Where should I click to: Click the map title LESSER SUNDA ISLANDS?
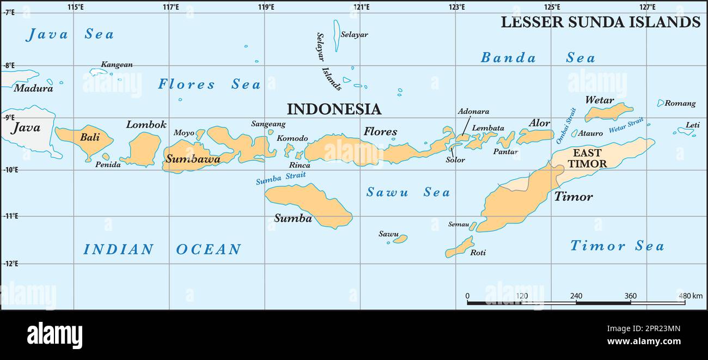[x=600, y=22]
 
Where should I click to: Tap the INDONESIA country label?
[x=334, y=109]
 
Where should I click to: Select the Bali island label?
[x=90, y=137]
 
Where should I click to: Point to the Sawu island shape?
[x=400, y=239]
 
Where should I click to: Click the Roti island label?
[x=478, y=253]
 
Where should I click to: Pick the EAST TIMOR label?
[x=587, y=158]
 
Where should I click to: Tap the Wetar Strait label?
[x=626, y=125]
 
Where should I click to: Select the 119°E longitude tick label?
[x=266, y=7]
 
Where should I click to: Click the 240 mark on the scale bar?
[x=576, y=296]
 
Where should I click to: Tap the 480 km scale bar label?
[x=690, y=296]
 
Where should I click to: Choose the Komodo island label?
[x=292, y=138]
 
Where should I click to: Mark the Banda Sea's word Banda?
[x=508, y=58]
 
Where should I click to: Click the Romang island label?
[x=680, y=103]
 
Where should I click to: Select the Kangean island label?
[x=117, y=64]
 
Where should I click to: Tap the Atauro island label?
[x=590, y=133]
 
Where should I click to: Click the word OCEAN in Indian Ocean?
[x=208, y=249]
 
